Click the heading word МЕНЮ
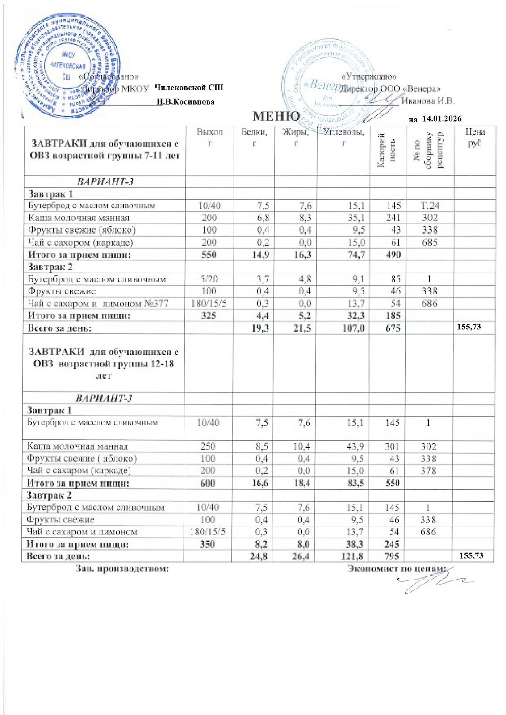point(276,117)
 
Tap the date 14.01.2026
point(441,119)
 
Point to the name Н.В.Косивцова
point(186,102)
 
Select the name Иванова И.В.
point(428,101)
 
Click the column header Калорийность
point(387,151)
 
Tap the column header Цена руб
point(475,138)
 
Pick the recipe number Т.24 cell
point(430,206)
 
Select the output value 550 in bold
point(209,255)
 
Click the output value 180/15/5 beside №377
point(209,303)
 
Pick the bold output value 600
point(208,483)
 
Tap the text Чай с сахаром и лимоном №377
point(98,303)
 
